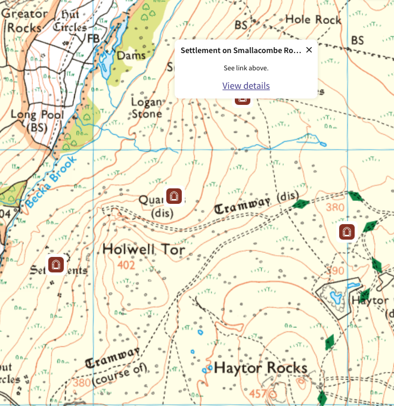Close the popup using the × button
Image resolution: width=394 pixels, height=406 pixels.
309,50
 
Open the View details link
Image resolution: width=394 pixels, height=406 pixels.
246,86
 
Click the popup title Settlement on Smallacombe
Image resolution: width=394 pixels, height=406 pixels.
241,50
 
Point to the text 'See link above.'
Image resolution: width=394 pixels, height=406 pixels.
246,68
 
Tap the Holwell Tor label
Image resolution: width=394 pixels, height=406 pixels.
143,249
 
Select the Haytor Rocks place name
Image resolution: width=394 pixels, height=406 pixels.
260,367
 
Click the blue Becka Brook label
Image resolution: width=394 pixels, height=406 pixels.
51,182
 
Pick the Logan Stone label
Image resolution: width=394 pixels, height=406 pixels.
146,108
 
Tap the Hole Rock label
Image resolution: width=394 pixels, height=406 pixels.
313,19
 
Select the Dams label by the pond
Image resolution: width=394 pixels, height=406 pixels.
131,55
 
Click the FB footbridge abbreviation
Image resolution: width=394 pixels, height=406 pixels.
93,38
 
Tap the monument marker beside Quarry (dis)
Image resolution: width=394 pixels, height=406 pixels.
173,195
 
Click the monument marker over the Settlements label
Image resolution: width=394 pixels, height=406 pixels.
56,264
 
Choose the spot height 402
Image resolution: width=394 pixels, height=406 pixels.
126,265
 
